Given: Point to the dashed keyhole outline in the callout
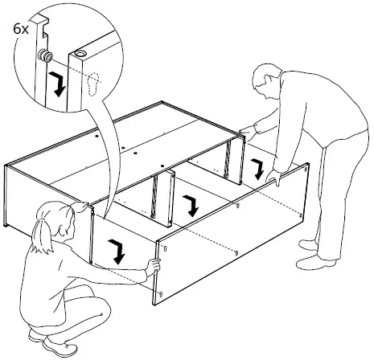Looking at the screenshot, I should [x=93, y=84].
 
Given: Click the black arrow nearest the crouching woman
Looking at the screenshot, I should [x=117, y=252].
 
